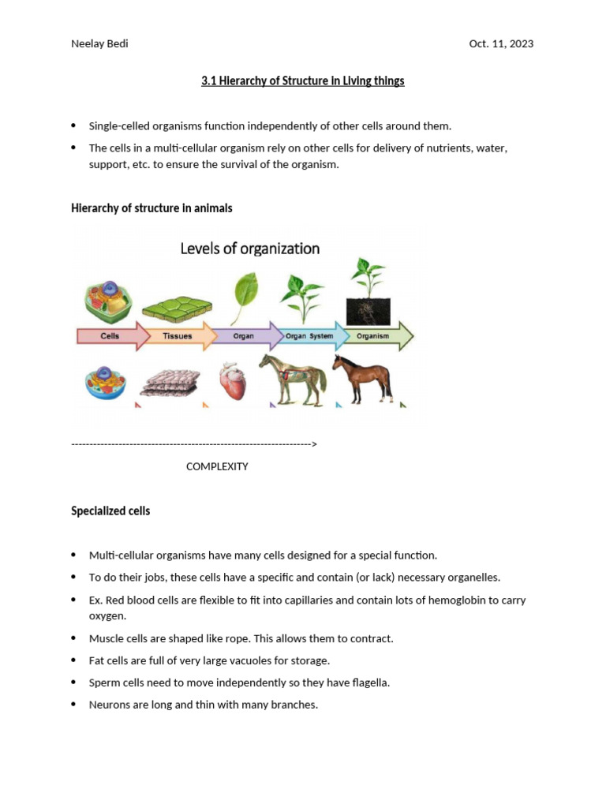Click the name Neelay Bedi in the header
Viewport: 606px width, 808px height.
click(99, 43)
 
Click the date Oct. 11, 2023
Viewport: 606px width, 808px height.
click(501, 43)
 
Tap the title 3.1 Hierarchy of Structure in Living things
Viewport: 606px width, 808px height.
click(302, 80)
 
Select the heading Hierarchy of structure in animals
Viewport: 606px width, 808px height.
click(151, 208)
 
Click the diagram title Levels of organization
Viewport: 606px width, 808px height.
click(250, 249)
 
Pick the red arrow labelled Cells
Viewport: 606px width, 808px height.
click(111, 335)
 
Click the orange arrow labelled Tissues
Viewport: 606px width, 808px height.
click(178, 335)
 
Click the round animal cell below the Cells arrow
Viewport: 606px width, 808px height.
click(105, 382)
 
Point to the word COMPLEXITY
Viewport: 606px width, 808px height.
click(217, 466)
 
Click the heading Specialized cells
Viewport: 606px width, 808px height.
click(110, 511)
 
